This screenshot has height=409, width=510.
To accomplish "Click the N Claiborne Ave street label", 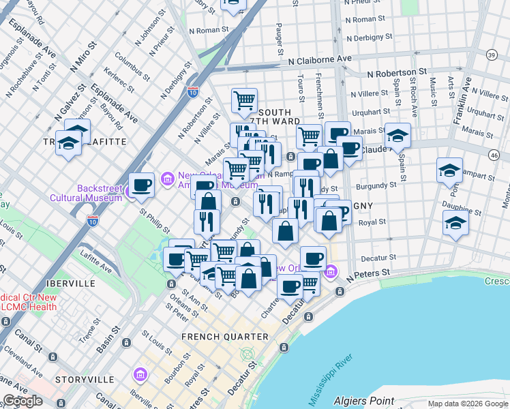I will (x=320, y=60).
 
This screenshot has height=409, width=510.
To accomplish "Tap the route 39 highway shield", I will (x=492, y=55).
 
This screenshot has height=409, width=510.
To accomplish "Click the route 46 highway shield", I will (x=493, y=155).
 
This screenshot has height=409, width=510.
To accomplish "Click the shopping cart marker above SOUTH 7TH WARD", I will (x=244, y=101).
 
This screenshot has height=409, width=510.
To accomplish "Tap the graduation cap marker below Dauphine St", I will (x=455, y=223).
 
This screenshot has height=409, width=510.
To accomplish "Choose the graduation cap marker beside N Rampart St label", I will (x=450, y=170).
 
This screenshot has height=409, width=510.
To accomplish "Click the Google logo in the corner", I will (x=22, y=401).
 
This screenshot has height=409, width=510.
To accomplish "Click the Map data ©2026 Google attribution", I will (x=467, y=404).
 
